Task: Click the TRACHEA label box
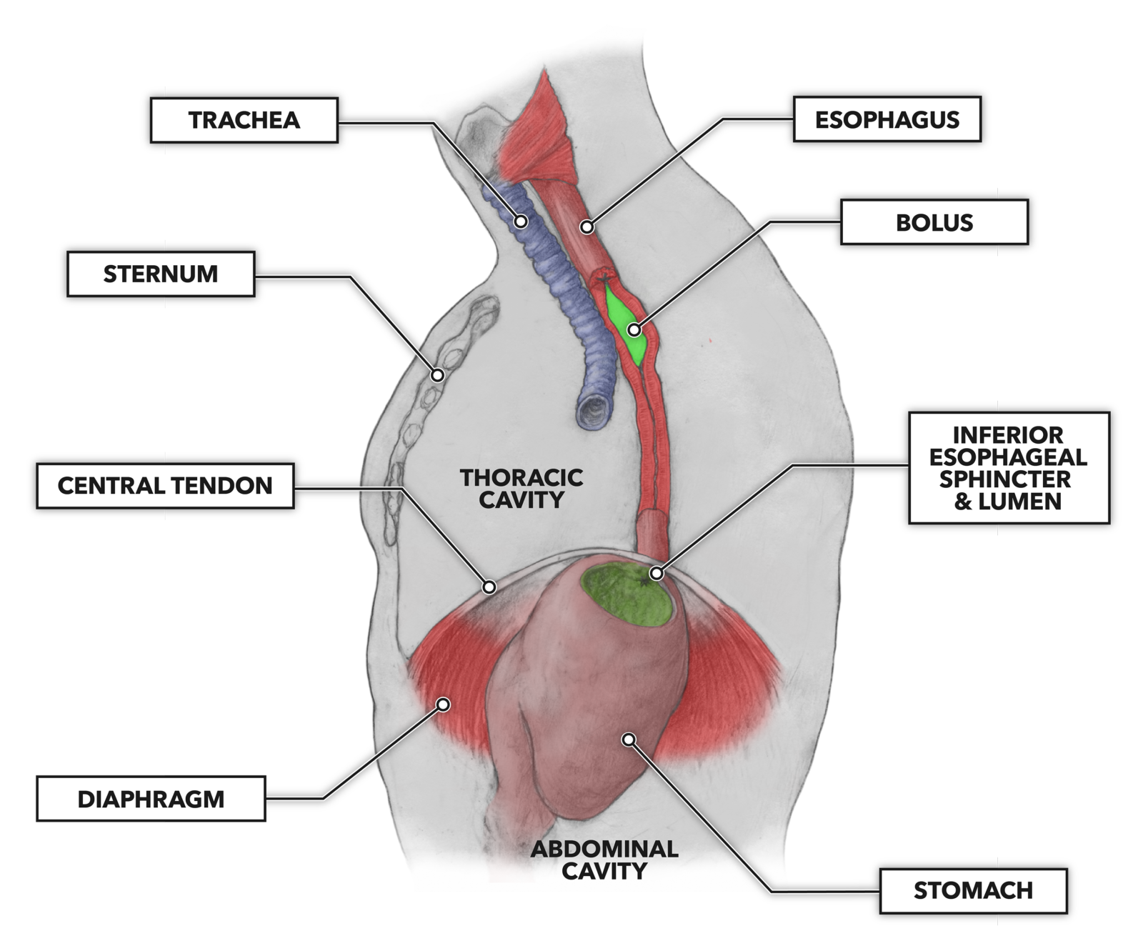[x=244, y=120]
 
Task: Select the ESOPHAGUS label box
[x=887, y=119]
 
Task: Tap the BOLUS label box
[x=934, y=222]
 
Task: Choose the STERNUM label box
[x=161, y=274]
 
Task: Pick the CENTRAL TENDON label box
[x=165, y=486]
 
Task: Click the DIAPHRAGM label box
[x=151, y=799]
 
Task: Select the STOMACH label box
[x=973, y=890]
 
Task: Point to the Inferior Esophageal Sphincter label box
[x=1008, y=468]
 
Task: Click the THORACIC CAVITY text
[x=521, y=489]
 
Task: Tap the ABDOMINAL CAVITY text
[x=604, y=860]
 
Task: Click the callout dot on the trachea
[x=521, y=221]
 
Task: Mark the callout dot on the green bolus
[x=634, y=330]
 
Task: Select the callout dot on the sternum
[x=438, y=374]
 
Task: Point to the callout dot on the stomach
[x=629, y=739]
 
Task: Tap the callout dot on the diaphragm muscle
[x=443, y=704]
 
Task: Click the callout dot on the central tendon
[x=489, y=587]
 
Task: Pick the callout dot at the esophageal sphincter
[x=657, y=573]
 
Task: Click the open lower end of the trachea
[x=594, y=412]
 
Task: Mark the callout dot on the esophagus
[x=587, y=227]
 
